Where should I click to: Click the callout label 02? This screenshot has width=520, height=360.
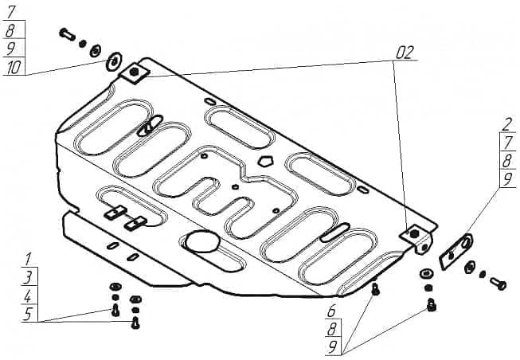[x=405, y=53]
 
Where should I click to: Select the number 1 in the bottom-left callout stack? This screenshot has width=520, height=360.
[x=28, y=258]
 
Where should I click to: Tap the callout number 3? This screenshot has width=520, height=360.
[x=28, y=276]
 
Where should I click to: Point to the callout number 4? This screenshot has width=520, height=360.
[x=28, y=295]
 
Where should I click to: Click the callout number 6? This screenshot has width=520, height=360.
[x=332, y=311]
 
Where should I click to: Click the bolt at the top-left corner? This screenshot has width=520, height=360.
[x=66, y=34]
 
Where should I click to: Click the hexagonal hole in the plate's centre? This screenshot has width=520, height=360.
[x=265, y=162]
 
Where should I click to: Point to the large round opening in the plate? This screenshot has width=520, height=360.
[x=201, y=241]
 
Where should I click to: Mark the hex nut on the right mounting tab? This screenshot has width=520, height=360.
[x=414, y=233]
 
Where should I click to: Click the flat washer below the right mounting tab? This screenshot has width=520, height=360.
[x=428, y=273]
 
